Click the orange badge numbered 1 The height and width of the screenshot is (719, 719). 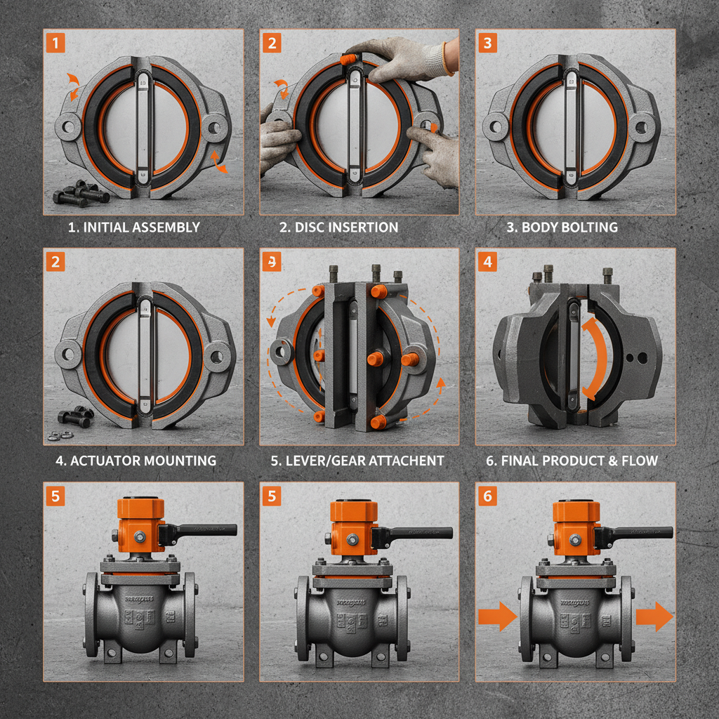[x=55, y=43]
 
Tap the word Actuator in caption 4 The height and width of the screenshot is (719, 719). [x=105, y=461]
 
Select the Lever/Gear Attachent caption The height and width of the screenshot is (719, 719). [x=357, y=461]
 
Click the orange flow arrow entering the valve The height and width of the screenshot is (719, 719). [x=497, y=616]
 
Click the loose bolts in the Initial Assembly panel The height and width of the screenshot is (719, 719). [x=81, y=192]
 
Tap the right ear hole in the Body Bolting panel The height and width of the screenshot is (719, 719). [x=640, y=128]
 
